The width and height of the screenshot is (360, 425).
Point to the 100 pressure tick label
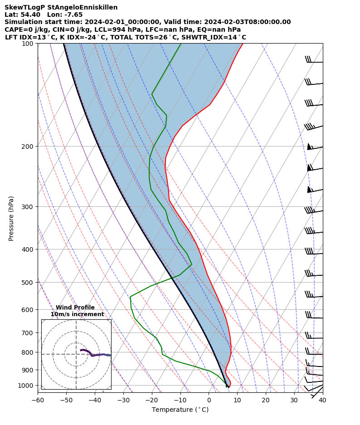28,44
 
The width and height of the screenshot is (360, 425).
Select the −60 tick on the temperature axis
38,400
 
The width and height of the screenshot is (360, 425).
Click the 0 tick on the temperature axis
209,400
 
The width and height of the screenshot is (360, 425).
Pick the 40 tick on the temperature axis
322,400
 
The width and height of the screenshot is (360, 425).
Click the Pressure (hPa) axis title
11,218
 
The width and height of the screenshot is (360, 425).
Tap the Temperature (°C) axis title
180,410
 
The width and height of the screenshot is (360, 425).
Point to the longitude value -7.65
73,15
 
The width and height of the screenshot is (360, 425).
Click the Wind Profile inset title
75,308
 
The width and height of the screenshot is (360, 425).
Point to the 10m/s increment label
77,314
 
